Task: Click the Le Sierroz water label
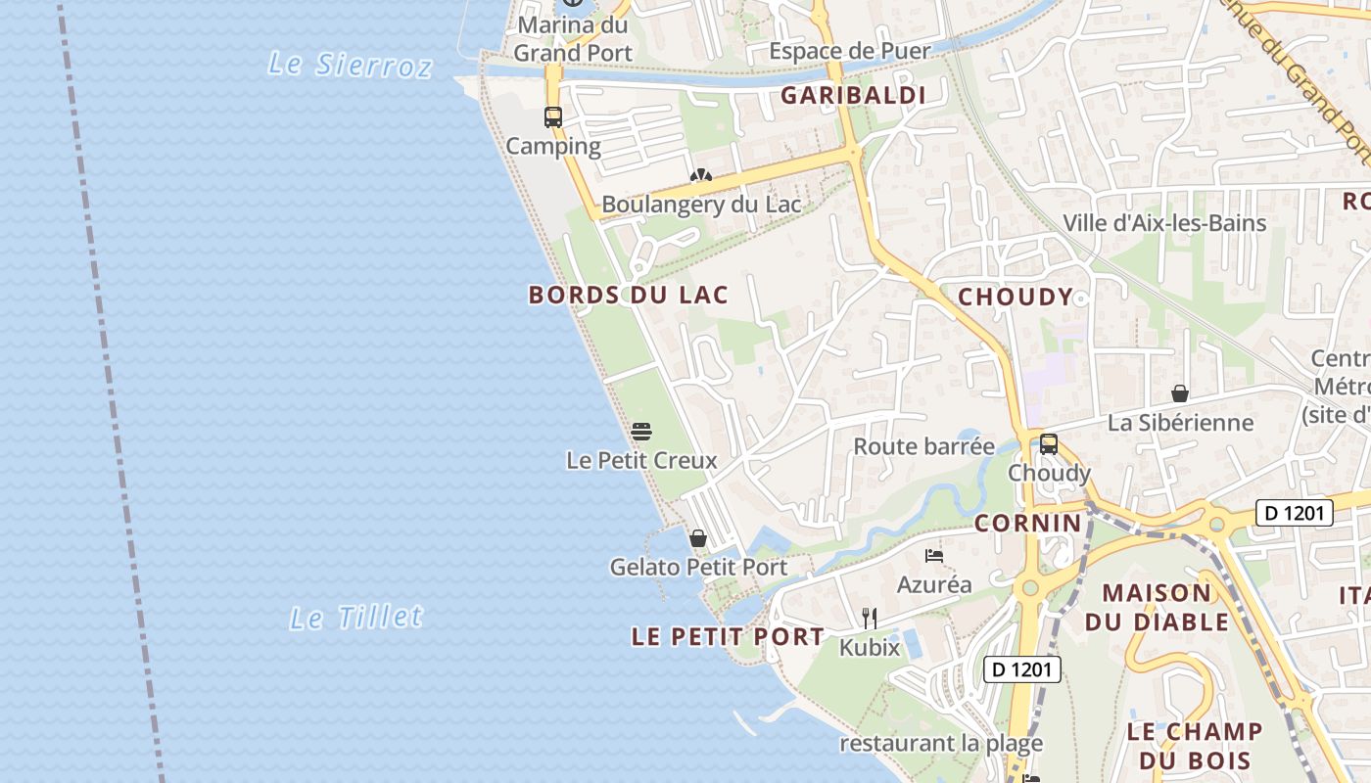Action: [350, 65]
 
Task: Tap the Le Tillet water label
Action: [356, 618]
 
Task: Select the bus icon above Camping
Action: [553, 117]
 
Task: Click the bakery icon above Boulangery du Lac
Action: [700, 176]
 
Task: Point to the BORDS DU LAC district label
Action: [629, 295]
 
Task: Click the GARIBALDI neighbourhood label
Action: [853, 95]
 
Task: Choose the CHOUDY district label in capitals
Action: [1016, 298]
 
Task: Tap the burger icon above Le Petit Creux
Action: [641, 432]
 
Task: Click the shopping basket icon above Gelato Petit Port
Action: [698, 538]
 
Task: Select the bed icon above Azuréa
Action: [934, 556]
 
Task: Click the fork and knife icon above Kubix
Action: [869, 618]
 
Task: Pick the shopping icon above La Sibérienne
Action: [1180, 393]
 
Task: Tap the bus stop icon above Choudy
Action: [1049, 444]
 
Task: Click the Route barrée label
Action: [923, 447]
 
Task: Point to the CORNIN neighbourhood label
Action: [1027, 524]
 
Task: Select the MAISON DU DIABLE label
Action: [1157, 607]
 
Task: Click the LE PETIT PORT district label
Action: [728, 637]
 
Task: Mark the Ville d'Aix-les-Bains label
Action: [1164, 223]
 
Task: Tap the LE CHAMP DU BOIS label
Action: [1195, 746]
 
